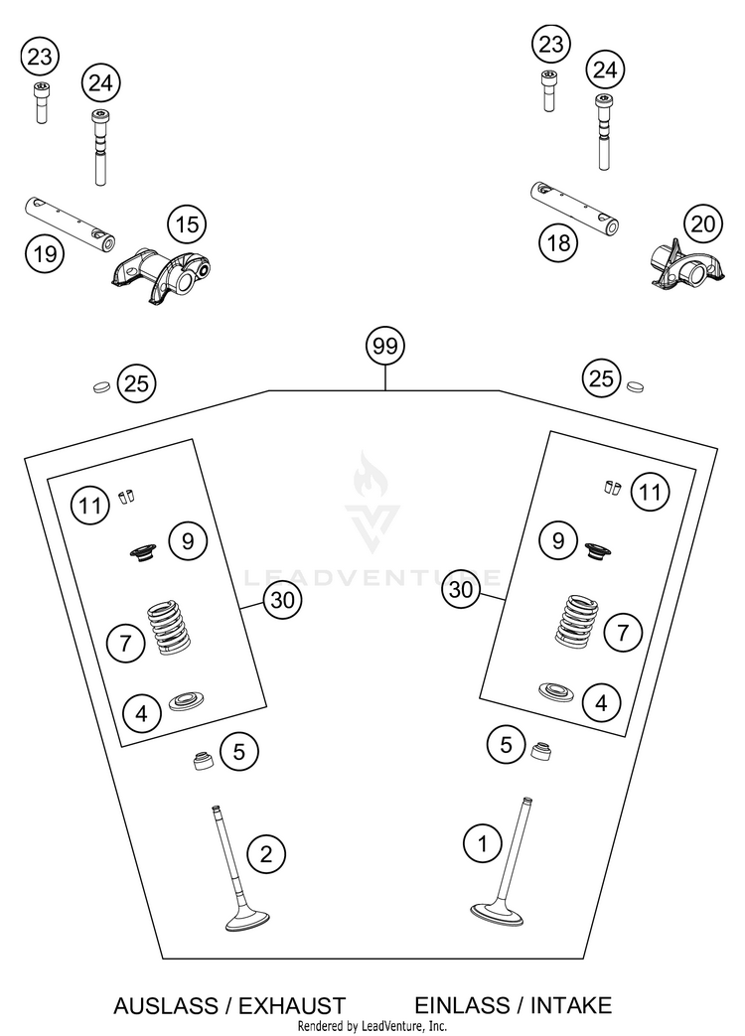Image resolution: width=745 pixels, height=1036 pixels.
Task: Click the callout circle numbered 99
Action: pos(385,346)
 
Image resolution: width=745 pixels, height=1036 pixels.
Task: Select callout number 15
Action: pos(187,224)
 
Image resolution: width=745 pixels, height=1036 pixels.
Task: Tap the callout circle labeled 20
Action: pos(702,223)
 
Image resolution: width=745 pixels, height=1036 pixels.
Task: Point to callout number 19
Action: pos(45,253)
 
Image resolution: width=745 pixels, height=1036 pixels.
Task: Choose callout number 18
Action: pos(558,242)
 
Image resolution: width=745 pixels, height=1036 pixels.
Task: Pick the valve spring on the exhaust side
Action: pos(169,627)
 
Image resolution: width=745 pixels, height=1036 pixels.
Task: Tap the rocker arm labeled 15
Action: pos(163,275)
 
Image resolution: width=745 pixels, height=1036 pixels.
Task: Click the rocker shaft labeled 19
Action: pos(71,223)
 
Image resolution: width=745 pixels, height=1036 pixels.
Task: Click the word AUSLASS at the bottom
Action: pos(166,1005)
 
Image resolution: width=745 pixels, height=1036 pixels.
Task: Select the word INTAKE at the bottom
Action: pos(570,1005)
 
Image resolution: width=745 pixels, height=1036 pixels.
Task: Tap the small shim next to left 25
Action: pos(101,386)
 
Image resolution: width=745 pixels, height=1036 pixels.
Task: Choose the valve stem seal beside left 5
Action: pos(203,761)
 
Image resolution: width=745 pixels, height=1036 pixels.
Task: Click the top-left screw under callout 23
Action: pos(41,102)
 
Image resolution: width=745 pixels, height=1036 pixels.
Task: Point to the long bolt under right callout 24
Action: pos(603,132)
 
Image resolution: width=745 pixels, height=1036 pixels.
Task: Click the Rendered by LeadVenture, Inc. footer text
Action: pos(372,1026)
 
